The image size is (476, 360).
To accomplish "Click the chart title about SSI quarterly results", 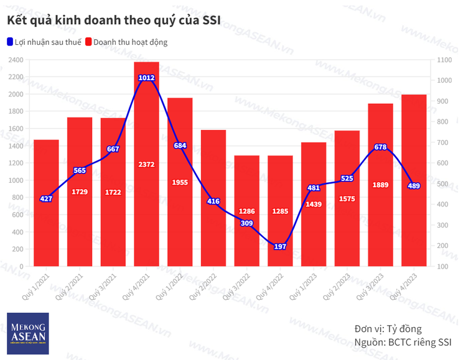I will [113, 20].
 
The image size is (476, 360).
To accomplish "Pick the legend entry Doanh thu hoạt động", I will [130, 42].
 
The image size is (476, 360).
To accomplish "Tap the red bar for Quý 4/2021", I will [146, 187].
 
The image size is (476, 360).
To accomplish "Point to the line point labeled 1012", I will [146, 78].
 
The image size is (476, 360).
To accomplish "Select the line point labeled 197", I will [280, 247].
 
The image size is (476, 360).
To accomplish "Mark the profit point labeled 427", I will [46, 199].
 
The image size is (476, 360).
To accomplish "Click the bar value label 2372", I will [146, 164].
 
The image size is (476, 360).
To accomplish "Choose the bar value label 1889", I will [380, 185].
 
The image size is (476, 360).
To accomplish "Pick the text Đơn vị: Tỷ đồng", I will [388, 328].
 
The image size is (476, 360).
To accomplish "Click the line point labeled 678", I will [380, 147].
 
